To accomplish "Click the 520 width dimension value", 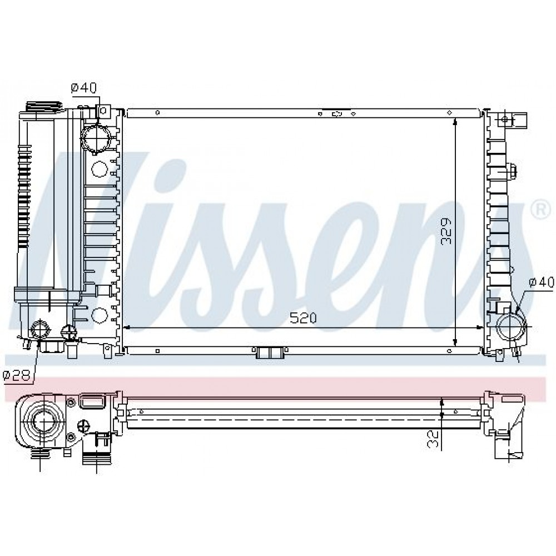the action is pyautogui.click(x=303, y=318).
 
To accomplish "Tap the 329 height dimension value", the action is pyautogui.click(x=446, y=231).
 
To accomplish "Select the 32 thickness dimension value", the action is pyautogui.click(x=433, y=439).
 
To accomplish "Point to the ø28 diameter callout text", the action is pyautogui.click(x=17, y=375).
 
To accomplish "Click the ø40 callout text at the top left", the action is pyautogui.click(x=84, y=88).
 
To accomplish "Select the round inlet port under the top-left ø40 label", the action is pyautogui.click(x=96, y=138).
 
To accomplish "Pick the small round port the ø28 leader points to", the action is pyautogui.click(x=40, y=330).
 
